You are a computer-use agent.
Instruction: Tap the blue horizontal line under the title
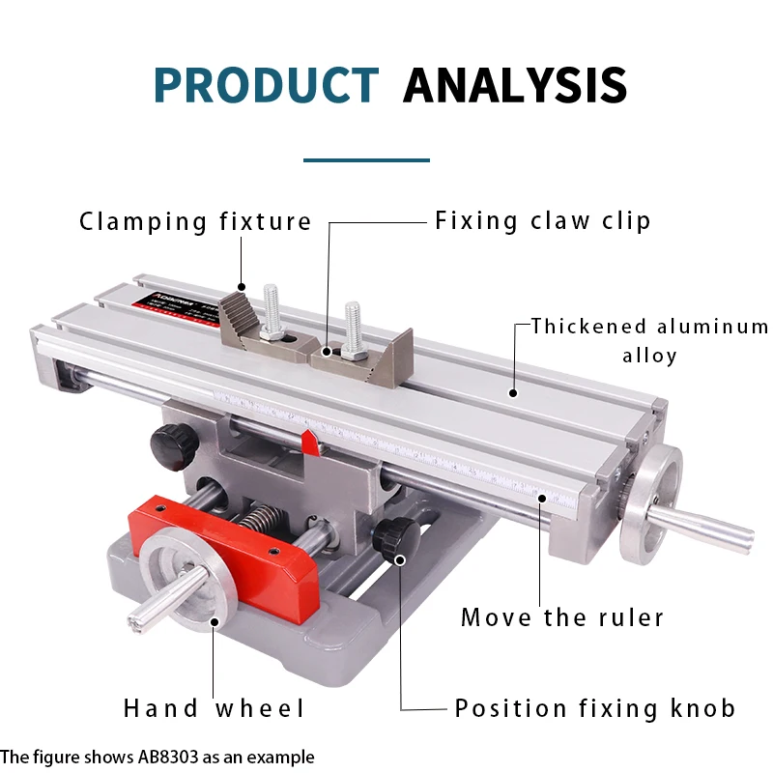pos(366,159)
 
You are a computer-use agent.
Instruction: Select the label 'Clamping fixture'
pos(195,222)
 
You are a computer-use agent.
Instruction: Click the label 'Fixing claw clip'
pos(542,220)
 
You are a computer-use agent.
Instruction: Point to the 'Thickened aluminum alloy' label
pos(649,340)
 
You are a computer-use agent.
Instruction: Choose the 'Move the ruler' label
pos(561,617)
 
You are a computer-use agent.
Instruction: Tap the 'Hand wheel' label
pos(214,708)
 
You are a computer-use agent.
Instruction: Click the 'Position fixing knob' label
pos(594,708)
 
